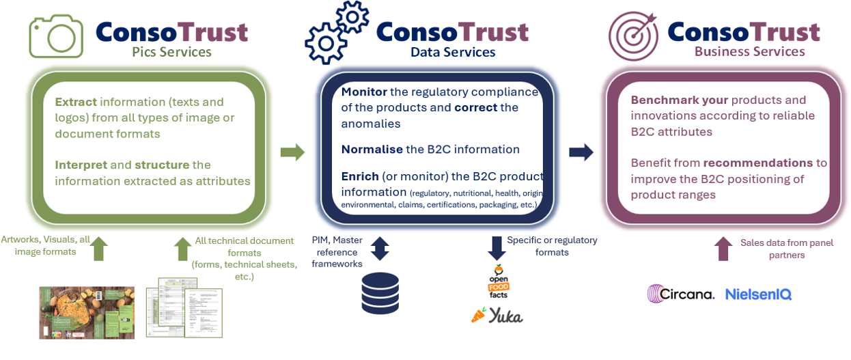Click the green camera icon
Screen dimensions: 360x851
(56, 36)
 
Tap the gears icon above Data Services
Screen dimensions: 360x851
(337, 33)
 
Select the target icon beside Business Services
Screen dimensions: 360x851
(633, 36)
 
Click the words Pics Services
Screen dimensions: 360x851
(171, 53)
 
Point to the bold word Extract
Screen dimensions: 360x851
(76, 102)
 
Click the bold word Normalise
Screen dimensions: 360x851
(372, 150)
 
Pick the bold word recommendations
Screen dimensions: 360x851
(758, 163)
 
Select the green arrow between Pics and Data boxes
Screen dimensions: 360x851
(292, 152)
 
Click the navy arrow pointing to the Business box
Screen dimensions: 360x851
(581, 152)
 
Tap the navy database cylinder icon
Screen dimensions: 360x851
(380, 293)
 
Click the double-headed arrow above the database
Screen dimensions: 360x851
(380, 248)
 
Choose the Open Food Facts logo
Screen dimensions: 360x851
(498, 281)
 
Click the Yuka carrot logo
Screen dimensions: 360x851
(497, 316)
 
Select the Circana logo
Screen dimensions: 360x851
(681, 294)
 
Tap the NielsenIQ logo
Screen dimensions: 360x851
(758, 294)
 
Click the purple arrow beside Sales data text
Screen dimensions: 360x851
(723, 249)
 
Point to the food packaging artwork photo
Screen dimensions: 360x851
(87, 313)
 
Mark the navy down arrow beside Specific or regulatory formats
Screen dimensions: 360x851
(496, 248)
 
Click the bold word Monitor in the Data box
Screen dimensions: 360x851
(364, 92)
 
